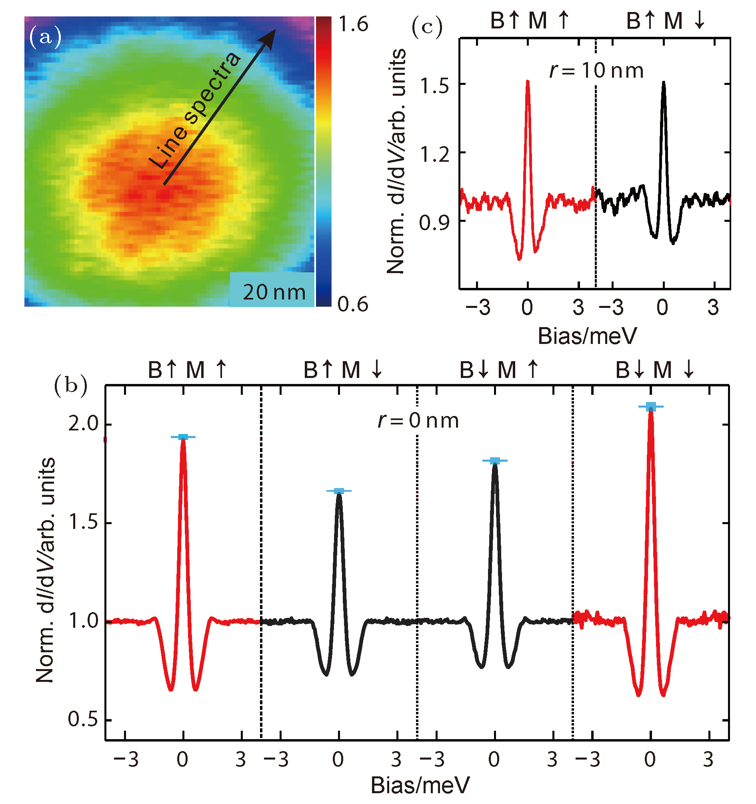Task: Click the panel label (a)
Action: [45, 37]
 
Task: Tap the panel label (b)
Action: [70, 386]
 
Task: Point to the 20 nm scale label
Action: [274, 292]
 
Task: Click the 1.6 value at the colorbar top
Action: [353, 25]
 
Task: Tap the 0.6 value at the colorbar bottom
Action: [353, 305]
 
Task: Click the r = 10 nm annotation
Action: [596, 71]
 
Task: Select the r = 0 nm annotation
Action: [418, 421]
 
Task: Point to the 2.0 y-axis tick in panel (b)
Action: [83, 424]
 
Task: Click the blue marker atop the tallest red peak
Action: [650, 407]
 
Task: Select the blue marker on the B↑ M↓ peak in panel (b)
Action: [339, 491]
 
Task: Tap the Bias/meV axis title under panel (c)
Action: [587, 336]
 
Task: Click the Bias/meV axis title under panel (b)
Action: [420, 786]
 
